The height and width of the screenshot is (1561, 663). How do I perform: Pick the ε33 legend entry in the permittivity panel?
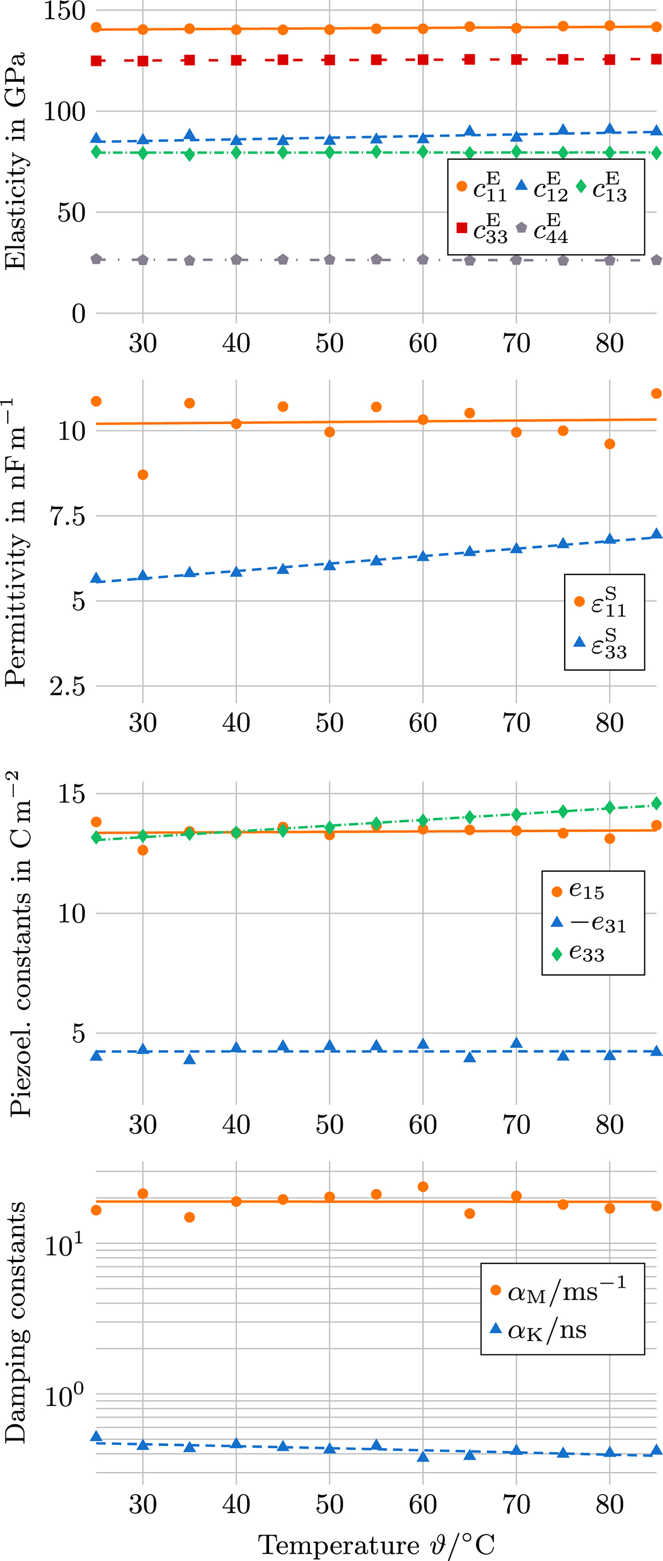(x=600, y=643)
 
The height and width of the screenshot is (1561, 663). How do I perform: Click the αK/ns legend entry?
(x=539, y=1330)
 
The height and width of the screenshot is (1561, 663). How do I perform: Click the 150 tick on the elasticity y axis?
(x=64, y=11)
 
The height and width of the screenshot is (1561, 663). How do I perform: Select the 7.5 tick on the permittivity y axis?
(x=67, y=516)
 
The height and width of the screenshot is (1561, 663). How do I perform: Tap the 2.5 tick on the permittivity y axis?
(x=67, y=687)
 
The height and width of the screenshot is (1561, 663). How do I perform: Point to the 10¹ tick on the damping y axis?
(x=64, y=1244)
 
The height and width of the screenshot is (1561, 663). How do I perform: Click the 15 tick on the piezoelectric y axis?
(x=71, y=794)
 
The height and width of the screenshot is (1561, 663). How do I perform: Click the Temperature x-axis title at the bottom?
(x=376, y=1544)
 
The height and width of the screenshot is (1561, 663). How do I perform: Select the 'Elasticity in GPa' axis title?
(x=14, y=161)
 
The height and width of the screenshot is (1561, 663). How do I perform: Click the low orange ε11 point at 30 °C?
(x=143, y=474)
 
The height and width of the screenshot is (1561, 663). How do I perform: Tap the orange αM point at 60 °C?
(x=423, y=1186)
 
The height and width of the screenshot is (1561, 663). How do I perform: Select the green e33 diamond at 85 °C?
(x=656, y=804)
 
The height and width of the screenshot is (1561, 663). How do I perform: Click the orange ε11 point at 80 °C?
(x=609, y=444)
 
